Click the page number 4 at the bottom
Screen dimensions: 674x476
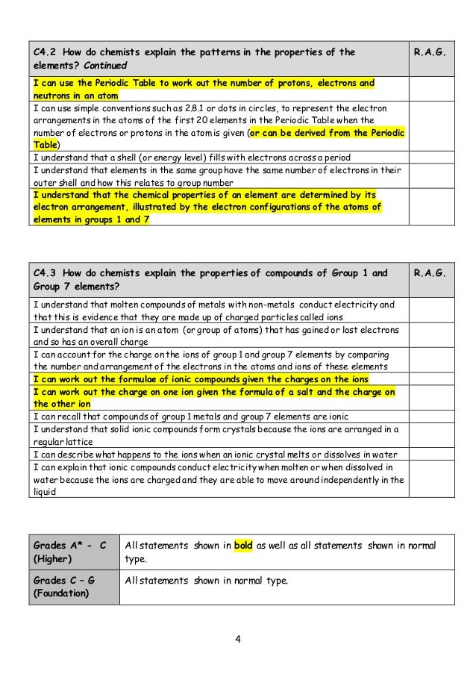coord(238,638)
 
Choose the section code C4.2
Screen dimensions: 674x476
coord(46,53)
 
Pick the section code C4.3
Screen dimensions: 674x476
coord(46,273)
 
